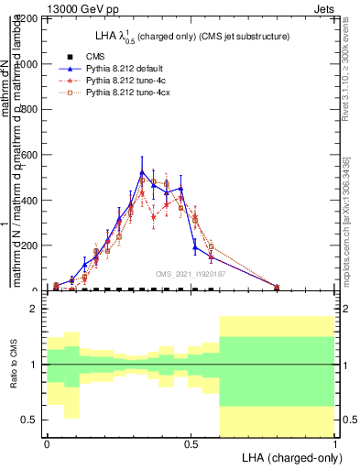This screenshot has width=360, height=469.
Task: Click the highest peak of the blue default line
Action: pos(142,172)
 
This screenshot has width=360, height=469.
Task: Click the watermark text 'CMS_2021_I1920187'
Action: pos(190,274)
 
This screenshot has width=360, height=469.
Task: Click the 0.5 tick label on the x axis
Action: pos(191,443)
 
